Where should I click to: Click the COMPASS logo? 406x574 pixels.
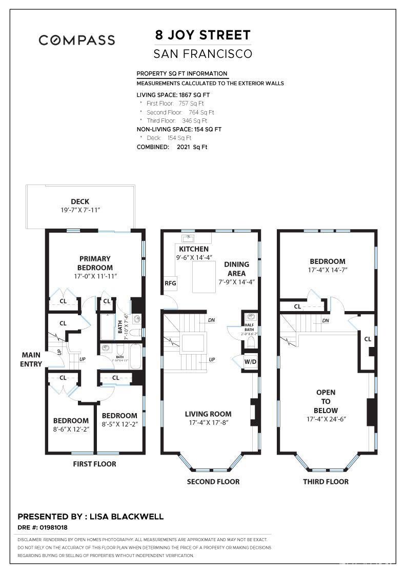[x=77, y=40]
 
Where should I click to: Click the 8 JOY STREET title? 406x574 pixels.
[x=203, y=35]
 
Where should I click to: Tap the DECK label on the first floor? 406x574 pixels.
[x=80, y=201]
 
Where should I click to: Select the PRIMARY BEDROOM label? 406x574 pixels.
[x=95, y=263]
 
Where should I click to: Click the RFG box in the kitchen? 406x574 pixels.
[x=170, y=283]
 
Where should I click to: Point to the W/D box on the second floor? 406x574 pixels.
[x=251, y=362]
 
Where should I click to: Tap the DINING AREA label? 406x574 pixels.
[x=236, y=269]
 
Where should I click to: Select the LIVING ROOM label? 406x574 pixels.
[x=208, y=414]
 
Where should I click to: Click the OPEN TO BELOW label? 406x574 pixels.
[x=326, y=401]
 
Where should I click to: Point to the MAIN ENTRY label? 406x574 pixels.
[x=32, y=359]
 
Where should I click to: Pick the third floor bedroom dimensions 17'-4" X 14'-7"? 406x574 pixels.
[x=327, y=270]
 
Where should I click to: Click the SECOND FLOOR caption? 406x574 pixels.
[x=213, y=482]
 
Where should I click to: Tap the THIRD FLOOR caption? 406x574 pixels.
[x=326, y=482]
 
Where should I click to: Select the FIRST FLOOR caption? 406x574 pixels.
[x=94, y=464]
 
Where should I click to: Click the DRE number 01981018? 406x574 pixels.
[x=51, y=527]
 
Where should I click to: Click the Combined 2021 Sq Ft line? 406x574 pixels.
[x=172, y=147]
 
